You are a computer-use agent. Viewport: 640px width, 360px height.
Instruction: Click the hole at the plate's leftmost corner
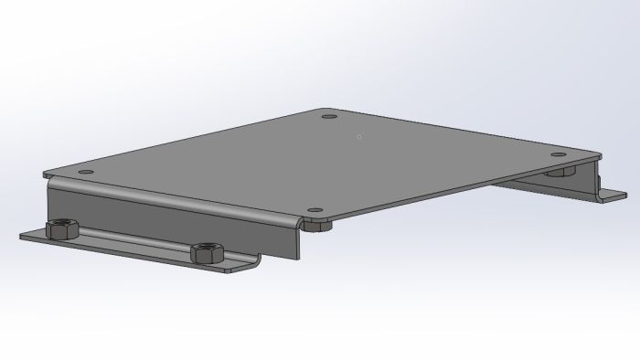pyautogui.click(x=85, y=172)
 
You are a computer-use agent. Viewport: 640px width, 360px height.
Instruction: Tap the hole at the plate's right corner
pyautogui.click(x=560, y=155)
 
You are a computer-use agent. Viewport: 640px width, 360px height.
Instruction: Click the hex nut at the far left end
pyautogui.click(x=61, y=229)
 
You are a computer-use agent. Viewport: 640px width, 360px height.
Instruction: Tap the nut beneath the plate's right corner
pyautogui.click(x=560, y=171)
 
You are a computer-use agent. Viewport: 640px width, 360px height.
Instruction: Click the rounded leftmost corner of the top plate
pyautogui.click(x=48, y=173)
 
